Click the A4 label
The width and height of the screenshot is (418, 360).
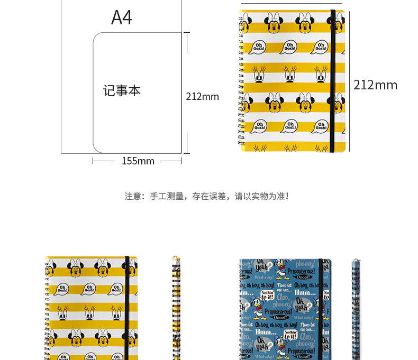121,17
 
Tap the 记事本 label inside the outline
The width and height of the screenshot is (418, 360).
122,91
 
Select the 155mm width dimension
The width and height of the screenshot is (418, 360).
138,161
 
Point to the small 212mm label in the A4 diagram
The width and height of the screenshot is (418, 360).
202,97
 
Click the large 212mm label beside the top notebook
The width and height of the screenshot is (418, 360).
375,85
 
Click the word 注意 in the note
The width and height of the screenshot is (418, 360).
133,196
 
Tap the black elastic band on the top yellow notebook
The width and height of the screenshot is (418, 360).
332,79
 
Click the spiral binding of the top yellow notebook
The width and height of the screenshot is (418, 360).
242,79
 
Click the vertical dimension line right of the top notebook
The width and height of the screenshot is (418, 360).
350,79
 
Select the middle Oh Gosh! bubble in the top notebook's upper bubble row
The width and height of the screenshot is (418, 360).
289,47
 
